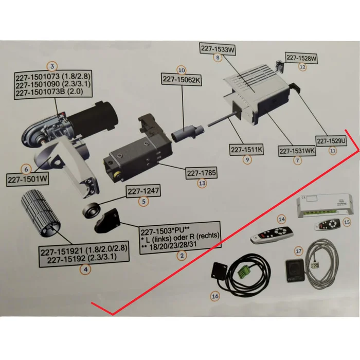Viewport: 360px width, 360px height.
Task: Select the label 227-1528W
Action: [302, 58]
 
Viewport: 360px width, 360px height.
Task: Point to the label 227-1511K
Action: [247, 150]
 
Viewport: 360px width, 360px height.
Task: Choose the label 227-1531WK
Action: [297, 151]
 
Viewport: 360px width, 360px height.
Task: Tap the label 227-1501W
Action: [27, 180]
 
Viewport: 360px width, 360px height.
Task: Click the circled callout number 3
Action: [51, 66]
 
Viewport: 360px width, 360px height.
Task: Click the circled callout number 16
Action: [215, 296]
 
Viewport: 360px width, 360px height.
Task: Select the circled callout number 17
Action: [298, 251]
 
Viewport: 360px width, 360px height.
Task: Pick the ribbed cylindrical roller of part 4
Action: [41, 221]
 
